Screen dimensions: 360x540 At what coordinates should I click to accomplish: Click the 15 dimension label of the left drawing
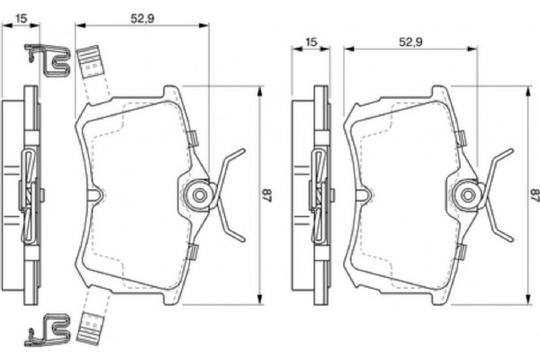[22, 15]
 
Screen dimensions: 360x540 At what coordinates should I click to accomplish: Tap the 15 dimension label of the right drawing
[310, 42]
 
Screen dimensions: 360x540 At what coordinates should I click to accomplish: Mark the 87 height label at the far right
[534, 193]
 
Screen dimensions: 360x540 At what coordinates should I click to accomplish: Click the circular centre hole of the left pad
[200, 193]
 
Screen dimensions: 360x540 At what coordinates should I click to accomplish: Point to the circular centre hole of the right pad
[467, 193]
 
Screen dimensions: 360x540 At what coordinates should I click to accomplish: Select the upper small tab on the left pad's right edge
[191, 138]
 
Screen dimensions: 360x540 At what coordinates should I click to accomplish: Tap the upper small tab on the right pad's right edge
[459, 138]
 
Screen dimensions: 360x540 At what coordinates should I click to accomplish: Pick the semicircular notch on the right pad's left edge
[364, 194]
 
